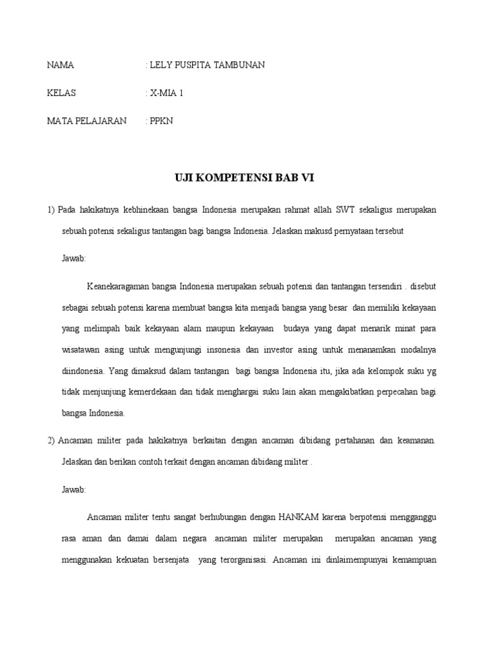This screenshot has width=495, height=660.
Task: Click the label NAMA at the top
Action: tap(61, 65)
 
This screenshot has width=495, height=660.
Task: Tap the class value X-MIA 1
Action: tap(167, 93)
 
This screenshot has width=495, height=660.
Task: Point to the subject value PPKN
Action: tap(162, 121)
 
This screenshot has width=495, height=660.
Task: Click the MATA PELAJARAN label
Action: tap(87, 121)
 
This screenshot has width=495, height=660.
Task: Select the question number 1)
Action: tap(51, 211)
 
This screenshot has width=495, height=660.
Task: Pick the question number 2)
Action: tap(51, 441)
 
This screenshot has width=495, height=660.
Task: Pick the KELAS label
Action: tap(62, 93)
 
